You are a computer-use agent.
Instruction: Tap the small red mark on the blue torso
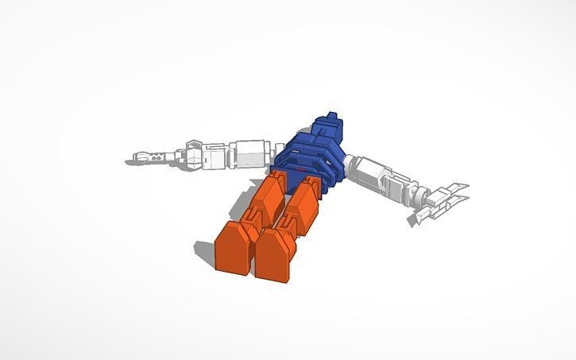[x=300, y=169]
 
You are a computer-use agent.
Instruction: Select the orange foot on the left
[x=235, y=247]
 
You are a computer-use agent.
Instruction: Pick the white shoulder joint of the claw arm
[x=354, y=164]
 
